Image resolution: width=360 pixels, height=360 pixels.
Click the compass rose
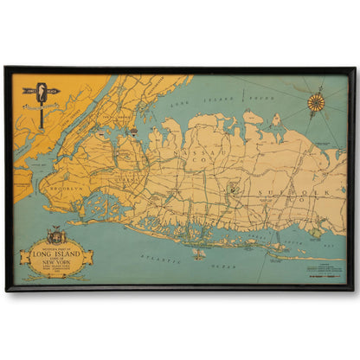316,102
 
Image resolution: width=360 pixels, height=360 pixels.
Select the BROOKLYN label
66,187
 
